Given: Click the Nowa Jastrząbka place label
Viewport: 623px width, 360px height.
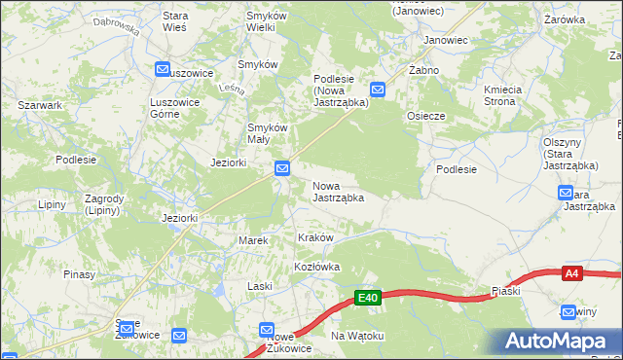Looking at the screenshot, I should coord(338,191).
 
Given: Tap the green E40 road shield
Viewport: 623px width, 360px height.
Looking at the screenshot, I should coord(366,299).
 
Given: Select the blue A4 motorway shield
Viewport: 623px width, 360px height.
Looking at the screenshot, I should coord(572,274).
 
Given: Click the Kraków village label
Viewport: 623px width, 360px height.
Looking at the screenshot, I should coord(314,238).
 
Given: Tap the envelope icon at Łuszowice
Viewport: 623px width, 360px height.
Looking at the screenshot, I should coord(163,69).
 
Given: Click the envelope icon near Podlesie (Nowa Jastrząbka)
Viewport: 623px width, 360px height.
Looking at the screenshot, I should coord(378,90).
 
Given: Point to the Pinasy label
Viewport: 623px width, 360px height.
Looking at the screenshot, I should coord(80,274).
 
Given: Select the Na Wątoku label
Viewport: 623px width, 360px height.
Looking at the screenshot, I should coord(357,336).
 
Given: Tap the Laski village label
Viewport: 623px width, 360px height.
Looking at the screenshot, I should coord(259,286).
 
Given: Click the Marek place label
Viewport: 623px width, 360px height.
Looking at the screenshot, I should coord(253,240).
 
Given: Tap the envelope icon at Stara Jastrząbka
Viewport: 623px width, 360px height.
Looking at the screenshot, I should coord(567,194).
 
